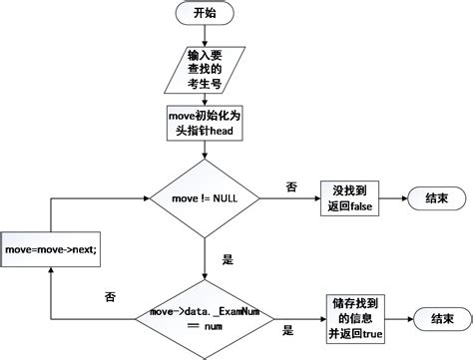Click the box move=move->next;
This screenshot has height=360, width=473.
[x=51, y=248]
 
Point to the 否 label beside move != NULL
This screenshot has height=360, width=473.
[x=291, y=186]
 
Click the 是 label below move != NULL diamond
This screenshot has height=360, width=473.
[x=227, y=260]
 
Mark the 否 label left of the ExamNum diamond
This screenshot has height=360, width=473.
[x=110, y=296]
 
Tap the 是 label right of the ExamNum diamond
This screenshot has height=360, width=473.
[x=288, y=330]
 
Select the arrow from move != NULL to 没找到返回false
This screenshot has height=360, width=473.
[x=289, y=199]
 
